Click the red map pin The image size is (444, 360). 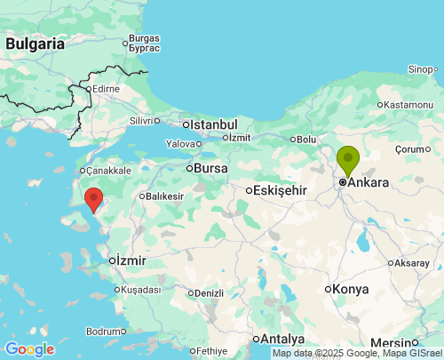(x=92, y=198)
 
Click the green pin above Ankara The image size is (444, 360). (x=347, y=160)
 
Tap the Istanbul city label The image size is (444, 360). (x=213, y=124)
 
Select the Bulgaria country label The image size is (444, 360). (x=35, y=43)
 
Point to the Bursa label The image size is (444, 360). (x=210, y=167)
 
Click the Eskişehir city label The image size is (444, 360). (x=280, y=190)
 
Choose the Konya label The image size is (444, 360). (x=351, y=289)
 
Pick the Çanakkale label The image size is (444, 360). (x=108, y=171)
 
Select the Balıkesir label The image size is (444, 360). (x=164, y=196)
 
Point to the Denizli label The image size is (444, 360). (x=209, y=292)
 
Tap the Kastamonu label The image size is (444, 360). (x=409, y=105)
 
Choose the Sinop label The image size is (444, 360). (x=422, y=69)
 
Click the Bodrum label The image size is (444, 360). (x=106, y=331)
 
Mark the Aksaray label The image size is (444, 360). (x=413, y=263)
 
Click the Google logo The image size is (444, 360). (x=29, y=348)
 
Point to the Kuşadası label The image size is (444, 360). (x=141, y=290)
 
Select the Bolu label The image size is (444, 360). (x=306, y=140)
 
